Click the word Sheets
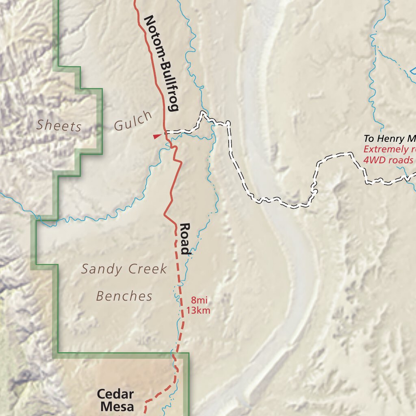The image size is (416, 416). tap(58, 125)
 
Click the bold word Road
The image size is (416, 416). tap(185, 238)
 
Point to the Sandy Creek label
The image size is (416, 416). tap(124, 269)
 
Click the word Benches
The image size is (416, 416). tap(124, 296)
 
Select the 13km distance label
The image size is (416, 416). tap(198, 311)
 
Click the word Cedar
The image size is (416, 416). tap(115, 394)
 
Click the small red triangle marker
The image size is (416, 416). tap(157, 136)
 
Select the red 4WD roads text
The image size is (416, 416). tap(388, 160)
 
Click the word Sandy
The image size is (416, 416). tap(102, 269)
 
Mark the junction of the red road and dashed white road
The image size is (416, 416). tap(165, 132)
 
